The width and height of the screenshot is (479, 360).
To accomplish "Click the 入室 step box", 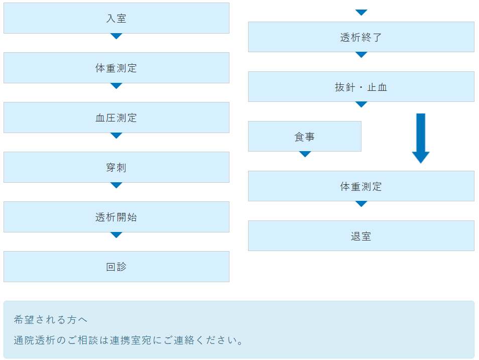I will pyautogui.click(x=116, y=19).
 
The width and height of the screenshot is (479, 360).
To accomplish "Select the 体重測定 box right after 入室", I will pyautogui.click(x=116, y=68).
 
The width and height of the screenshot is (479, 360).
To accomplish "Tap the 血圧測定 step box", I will pyautogui.click(x=116, y=117).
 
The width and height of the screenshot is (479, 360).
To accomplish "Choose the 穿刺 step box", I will pyautogui.click(x=116, y=167).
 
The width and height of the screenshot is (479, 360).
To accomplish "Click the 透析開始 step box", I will pyautogui.click(x=116, y=217).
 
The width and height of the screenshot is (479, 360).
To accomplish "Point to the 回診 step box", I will pyautogui.click(x=116, y=267).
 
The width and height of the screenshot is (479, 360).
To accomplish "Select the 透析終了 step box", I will pyautogui.click(x=361, y=37).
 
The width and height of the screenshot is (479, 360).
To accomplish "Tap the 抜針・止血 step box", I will pyautogui.click(x=361, y=87).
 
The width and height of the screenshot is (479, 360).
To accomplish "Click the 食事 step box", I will pyautogui.click(x=305, y=137).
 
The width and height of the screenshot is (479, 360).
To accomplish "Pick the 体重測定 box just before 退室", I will pyautogui.click(x=361, y=186).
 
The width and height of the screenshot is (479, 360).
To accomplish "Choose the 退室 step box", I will pyautogui.click(x=361, y=236).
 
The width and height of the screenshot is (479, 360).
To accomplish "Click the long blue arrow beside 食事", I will pyautogui.click(x=421, y=138).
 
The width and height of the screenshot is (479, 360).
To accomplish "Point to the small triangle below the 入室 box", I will pyautogui.click(x=116, y=36).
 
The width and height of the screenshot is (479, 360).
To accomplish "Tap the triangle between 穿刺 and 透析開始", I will pyautogui.click(x=116, y=185).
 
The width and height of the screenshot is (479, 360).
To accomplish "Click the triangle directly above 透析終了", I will pyautogui.click(x=362, y=12).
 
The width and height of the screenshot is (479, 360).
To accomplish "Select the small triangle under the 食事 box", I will pyautogui.click(x=305, y=154).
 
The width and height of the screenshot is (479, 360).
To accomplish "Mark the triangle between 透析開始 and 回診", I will pyautogui.click(x=116, y=235).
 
